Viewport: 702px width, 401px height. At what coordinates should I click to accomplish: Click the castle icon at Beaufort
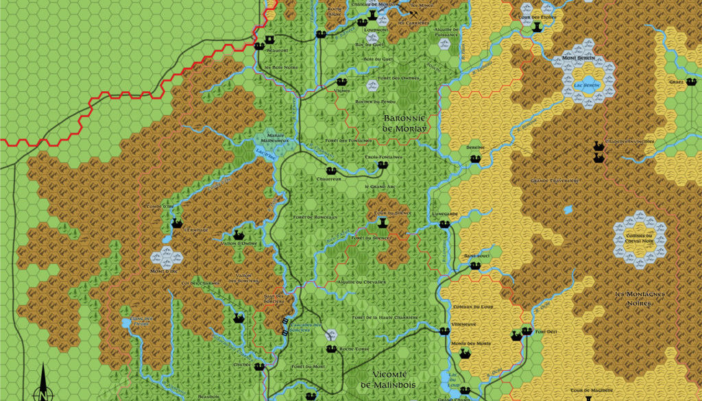(259, 45)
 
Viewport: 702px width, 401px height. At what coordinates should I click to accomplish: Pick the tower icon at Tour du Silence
(382, 222)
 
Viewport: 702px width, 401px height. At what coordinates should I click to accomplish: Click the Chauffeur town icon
(330, 171)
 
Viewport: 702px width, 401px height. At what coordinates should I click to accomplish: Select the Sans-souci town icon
(474, 266)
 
